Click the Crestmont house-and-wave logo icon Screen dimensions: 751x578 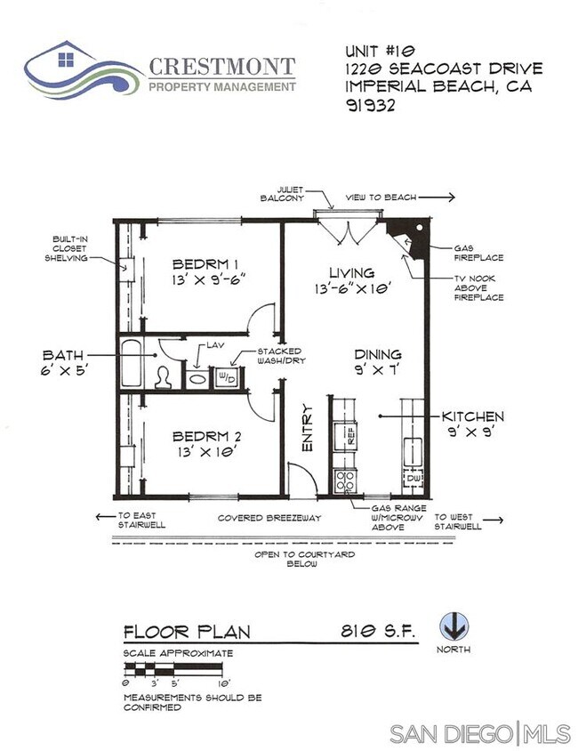(82, 69)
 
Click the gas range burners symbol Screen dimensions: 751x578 (345, 480)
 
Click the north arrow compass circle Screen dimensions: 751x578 (454, 626)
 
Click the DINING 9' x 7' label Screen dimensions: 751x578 (378, 361)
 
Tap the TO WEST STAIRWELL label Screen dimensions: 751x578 (458, 521)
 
